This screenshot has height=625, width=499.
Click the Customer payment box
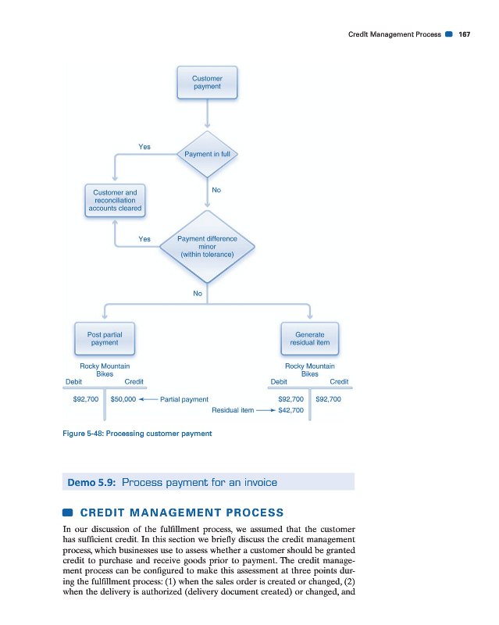207,83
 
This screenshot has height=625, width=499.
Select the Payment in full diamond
207,154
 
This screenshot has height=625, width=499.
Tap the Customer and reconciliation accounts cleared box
115,200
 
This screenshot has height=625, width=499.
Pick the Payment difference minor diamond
207,246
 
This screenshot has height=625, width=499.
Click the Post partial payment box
104,337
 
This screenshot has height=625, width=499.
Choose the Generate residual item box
310,337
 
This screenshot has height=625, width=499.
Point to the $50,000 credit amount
123,399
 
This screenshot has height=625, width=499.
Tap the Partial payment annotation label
184,399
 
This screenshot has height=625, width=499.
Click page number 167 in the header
464,35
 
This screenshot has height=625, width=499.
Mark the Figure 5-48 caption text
137,433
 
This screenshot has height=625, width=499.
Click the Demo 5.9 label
92,482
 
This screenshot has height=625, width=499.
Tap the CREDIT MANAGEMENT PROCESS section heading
182,512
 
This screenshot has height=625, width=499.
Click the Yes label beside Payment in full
144,146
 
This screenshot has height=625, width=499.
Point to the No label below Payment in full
216,190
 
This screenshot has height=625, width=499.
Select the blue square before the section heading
68,512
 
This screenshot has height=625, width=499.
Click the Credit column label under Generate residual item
339,382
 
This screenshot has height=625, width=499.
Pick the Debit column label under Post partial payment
76,382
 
